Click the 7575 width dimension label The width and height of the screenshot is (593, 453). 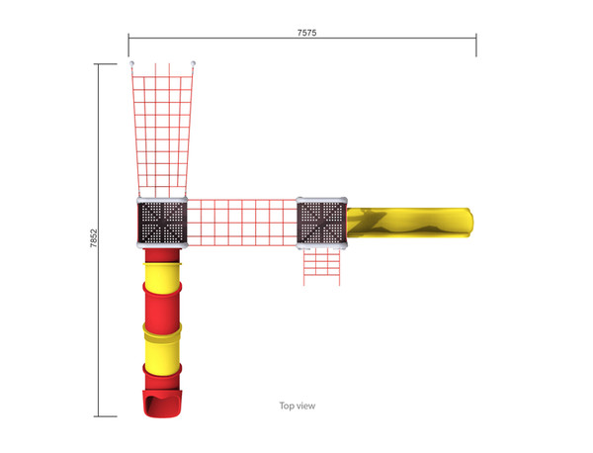pos(306,33)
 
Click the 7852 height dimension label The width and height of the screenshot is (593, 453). pos(94,238)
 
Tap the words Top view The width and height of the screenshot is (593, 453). pos(297,406)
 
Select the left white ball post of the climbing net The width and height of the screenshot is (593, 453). pos(131,63)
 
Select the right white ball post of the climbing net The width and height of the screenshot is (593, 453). pos(193,63)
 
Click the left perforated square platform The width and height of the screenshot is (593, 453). pos(162,223)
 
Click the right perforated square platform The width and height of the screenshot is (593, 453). pos(321,223)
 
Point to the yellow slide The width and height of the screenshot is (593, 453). pos(409,223)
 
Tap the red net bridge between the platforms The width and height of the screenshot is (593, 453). pos(242,223)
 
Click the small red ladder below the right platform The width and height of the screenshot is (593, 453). pos(321,267)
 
